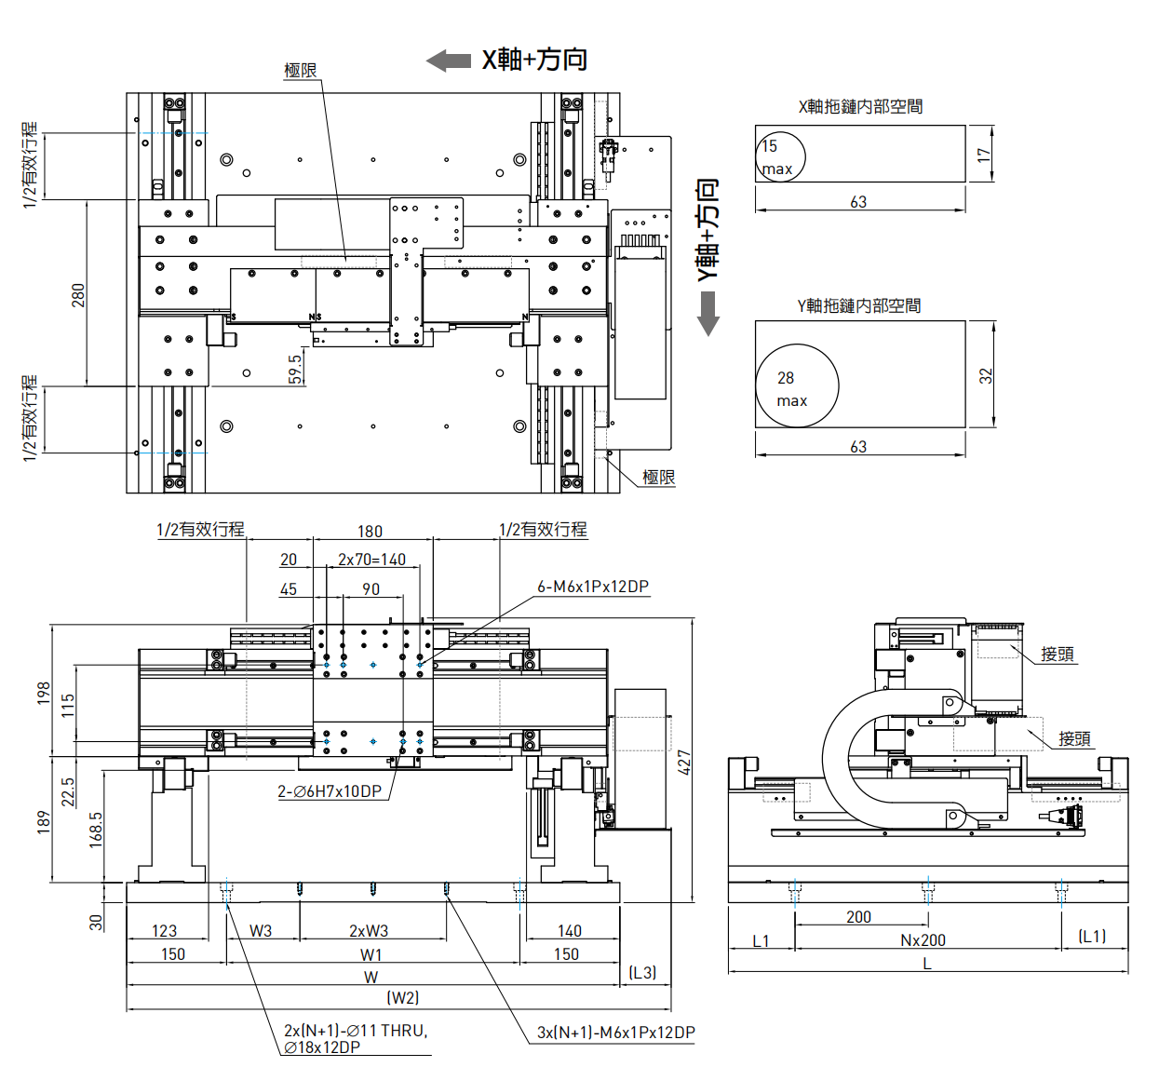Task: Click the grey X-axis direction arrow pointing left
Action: (449, 61)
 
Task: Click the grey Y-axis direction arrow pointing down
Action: (708, 313)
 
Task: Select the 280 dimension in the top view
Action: (78, 295)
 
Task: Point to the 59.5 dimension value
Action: (295, 369)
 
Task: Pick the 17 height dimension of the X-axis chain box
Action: (983, 155)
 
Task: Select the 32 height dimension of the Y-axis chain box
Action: (985, 376)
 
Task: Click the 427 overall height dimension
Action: (683, 763)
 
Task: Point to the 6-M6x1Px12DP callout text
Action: (593, 587)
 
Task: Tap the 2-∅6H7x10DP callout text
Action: (330, 791)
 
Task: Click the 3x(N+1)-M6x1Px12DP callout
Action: (616, 1033)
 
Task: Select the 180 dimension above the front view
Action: (370, 532)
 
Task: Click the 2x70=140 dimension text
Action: (371, 560)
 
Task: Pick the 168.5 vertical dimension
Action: (95, 830)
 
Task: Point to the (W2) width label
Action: (403, 998)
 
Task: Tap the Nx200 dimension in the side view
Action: (923, 940)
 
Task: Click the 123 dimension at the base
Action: (164, 930)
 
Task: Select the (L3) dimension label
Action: (642, 973)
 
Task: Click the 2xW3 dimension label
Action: (369, 930)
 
